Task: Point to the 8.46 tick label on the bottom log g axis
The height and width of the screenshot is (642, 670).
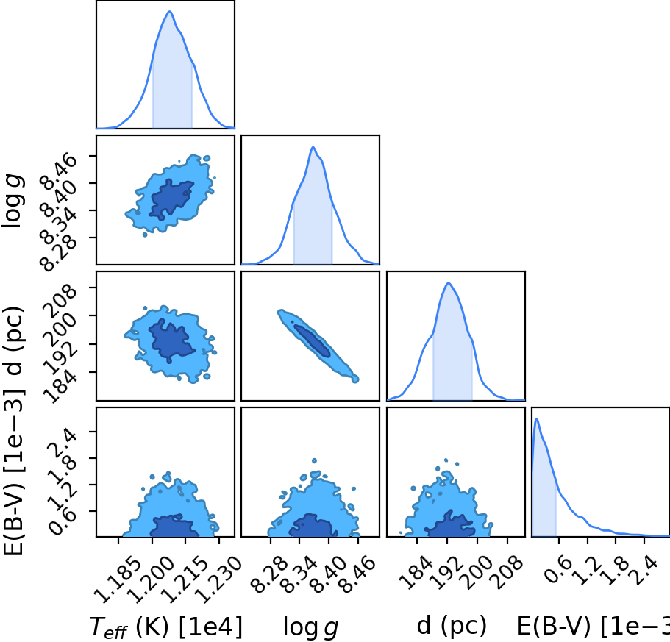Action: [x=358, y=574]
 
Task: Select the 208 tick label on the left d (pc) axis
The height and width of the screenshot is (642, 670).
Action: [x=62, y=301]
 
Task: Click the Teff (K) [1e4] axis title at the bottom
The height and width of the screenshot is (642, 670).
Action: [x=165, y=627]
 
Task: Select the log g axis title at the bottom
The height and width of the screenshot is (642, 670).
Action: [x=310, y=627]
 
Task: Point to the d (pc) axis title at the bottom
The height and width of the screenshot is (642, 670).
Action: [x=452, y=626]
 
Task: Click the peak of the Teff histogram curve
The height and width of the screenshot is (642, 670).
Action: [x=170, y=11]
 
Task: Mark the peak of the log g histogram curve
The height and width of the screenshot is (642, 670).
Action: [x=313, y=147]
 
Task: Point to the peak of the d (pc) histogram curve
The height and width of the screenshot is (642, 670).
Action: [x=448, y=283]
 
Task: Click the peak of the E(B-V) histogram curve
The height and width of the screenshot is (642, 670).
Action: [x=536, y=418]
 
